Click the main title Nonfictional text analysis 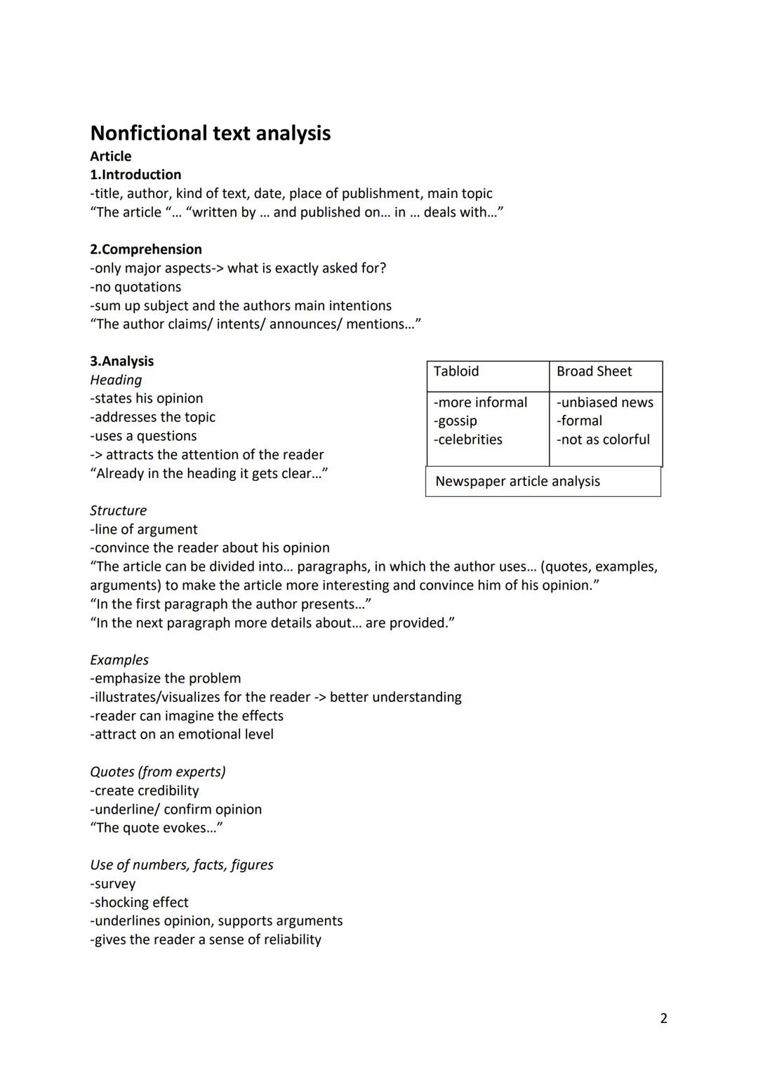(x=210, y=133)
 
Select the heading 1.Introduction (x=135, y=175)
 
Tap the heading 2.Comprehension (x=145, y=249)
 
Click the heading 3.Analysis (x=121, y=362)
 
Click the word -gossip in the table (x=456, y=421)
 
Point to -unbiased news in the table (x=604, y=402)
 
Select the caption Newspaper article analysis (x=517, y=482)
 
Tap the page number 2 (x=663, y=1018)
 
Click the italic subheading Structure (x=118, y=510)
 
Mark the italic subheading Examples (x=119, y=660)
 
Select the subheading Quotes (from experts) (x=158, y=772)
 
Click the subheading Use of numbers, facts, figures (x=181, y=865)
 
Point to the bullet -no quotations (x=135, y=287)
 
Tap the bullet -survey (x=113, y=884)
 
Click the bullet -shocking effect (x=139, y=902)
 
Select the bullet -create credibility (x=145, y=790)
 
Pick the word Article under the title (x=110, y=157)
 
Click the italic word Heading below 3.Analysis (x=116, y=380)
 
